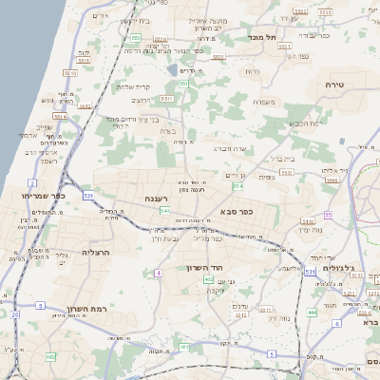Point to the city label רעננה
point(156,199)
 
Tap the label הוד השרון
point(205,268)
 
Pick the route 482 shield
point(50,356)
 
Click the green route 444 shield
point(313,312)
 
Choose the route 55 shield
point(329,216)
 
